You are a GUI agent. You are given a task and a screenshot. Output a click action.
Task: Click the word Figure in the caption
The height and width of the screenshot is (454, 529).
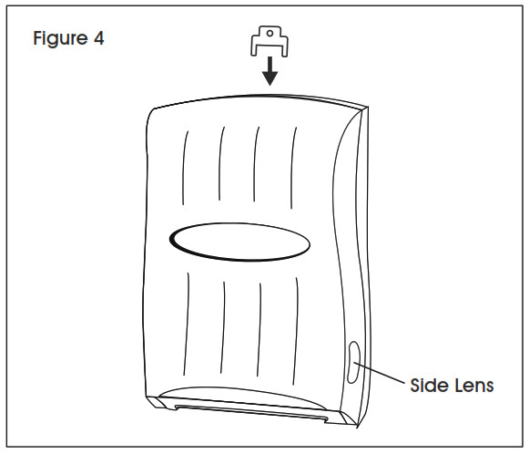click(x=60, y=39)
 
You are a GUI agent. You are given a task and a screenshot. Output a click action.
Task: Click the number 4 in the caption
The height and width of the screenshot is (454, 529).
click(x=99, y=38)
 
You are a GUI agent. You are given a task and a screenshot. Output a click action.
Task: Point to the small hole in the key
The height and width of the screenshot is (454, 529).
click(x=270, y=33)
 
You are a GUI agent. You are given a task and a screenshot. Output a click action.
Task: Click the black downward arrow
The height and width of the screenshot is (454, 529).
click(x=270, y=71)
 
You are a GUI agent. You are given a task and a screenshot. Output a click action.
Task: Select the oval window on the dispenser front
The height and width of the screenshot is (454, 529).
click(x=239, y=242)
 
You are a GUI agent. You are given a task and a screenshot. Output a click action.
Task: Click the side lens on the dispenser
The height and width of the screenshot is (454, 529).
click(x=353, y=362)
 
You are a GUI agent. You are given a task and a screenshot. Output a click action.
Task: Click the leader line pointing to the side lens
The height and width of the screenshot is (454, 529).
click(x=379, y=373)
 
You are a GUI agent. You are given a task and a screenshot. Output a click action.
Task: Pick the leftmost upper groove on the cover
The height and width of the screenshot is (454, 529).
click(x=185, y=168)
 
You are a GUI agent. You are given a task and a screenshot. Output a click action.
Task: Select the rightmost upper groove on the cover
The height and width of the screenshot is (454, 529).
click(x=293, y=168)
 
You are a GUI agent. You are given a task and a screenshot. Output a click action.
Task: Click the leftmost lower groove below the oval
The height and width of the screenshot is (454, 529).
click(x=187, y=324)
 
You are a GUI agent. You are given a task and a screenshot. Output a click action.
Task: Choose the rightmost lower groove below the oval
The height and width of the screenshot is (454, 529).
click(x=296, y=331)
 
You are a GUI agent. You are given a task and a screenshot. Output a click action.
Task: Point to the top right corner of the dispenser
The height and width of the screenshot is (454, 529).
click(x=368, y=107)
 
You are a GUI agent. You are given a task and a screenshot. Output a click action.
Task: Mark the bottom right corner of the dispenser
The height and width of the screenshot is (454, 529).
click(x=357, y=426)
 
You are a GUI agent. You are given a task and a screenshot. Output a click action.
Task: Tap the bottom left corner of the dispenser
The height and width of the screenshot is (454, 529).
click(x=147, y=397)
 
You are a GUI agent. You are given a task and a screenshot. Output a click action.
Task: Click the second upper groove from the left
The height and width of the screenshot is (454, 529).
click(x=221, y=163)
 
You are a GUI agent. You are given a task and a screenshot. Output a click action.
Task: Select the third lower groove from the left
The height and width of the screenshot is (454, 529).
click(x=259, y=330)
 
